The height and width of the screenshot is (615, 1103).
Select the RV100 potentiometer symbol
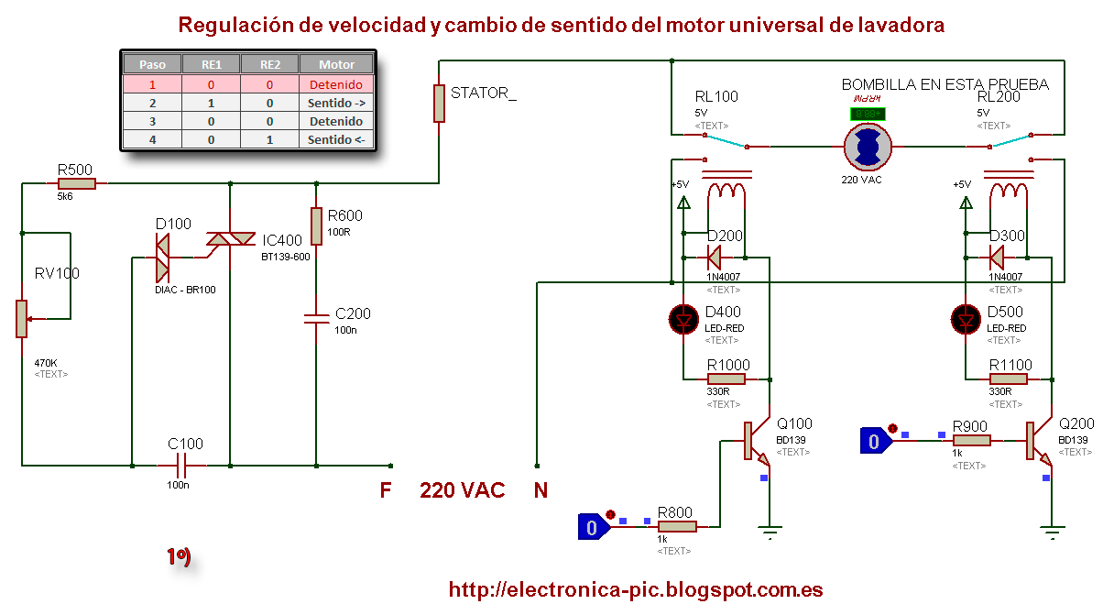21,317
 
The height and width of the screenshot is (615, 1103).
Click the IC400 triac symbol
229,240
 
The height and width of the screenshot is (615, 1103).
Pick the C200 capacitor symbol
316,319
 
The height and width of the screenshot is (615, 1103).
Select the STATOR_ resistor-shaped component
439,102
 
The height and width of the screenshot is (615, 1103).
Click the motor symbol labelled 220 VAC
866,146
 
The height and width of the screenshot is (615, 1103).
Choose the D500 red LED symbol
966,319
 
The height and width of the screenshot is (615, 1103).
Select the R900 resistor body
970,440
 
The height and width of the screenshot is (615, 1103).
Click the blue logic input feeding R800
593,526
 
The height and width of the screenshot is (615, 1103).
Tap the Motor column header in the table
337,64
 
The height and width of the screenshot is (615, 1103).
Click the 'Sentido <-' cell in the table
337,139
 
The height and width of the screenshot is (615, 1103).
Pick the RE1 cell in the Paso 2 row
211,103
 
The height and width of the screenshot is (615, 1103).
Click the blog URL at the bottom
635,589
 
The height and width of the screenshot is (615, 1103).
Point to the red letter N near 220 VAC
541,490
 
